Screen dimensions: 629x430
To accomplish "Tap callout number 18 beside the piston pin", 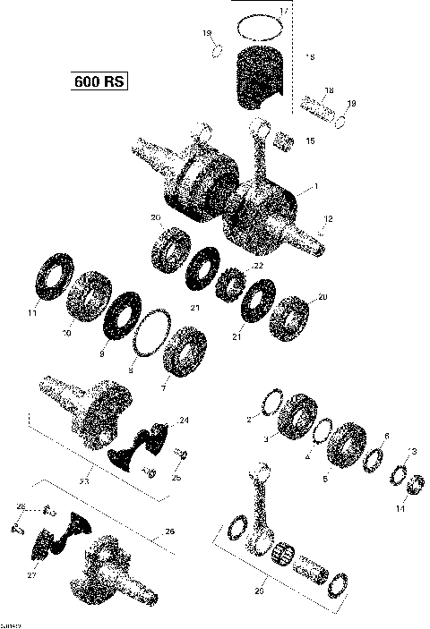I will pyautogui.click(x=329, y=91).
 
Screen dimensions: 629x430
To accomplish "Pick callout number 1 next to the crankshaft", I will pyautogui.click(x=314, y=189).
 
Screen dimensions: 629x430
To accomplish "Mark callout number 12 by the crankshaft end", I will pyautogui.click(x=328, y=218).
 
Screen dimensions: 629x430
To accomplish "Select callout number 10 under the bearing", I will pyautogui.click(x=64, y=334).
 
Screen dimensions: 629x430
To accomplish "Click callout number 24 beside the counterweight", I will pyautogui.click(x=184, y=420).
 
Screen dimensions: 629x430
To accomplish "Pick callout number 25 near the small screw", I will pyautogui.click(x=176, y=479).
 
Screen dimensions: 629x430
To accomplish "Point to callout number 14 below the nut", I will pyautogui.click(x=400, y=508).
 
